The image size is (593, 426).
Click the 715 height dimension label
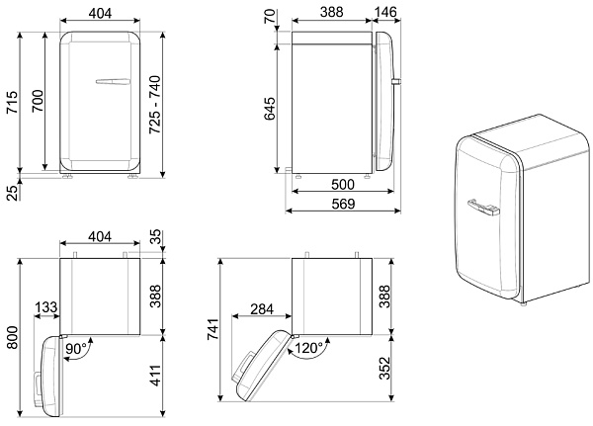[x=12, y=102]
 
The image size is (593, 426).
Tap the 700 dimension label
[x=38, y=102]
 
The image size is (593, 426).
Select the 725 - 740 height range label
[x=155, y=105]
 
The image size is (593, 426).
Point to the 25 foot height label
[x=13, y=193]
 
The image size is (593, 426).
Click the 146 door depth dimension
[x=385, y=12]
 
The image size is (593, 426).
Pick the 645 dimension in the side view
[x=270, y=109]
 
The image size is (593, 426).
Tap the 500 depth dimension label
[x=343, y=185]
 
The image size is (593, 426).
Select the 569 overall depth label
[x=343, y=204]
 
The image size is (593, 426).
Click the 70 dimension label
[x=270, y=16]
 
